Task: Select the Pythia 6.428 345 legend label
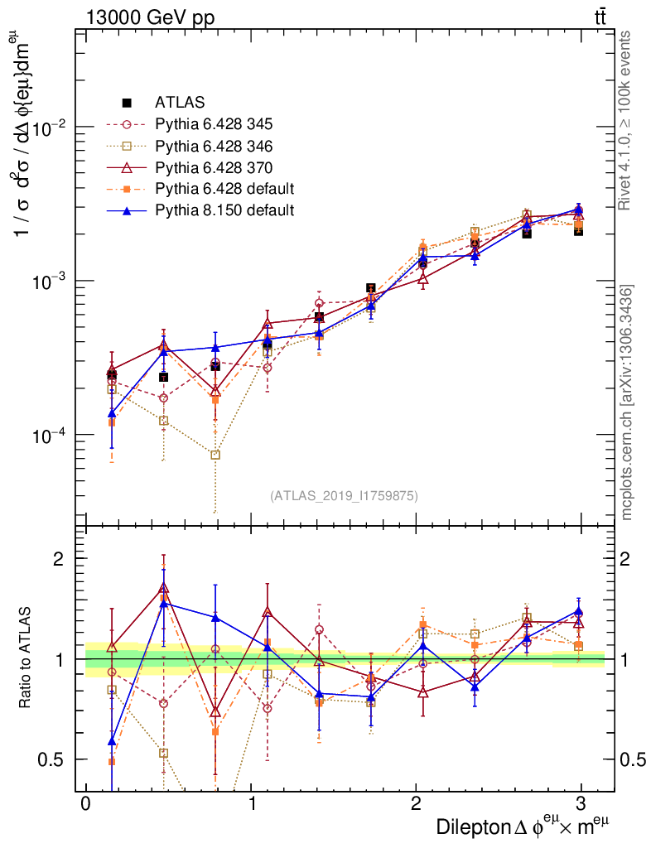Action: [x=215, y=124]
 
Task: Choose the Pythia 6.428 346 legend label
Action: [x=215, y=146]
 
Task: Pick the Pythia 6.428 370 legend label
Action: [x=215, y=167]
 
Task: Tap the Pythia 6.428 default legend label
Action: [x=224, y=188]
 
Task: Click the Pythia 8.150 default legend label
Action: [x=224, y=210]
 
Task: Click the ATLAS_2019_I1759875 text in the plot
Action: [x=343, y=496]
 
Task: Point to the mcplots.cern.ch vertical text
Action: [x=628, y=402]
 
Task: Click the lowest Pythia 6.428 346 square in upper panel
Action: [x=215, y=455]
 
